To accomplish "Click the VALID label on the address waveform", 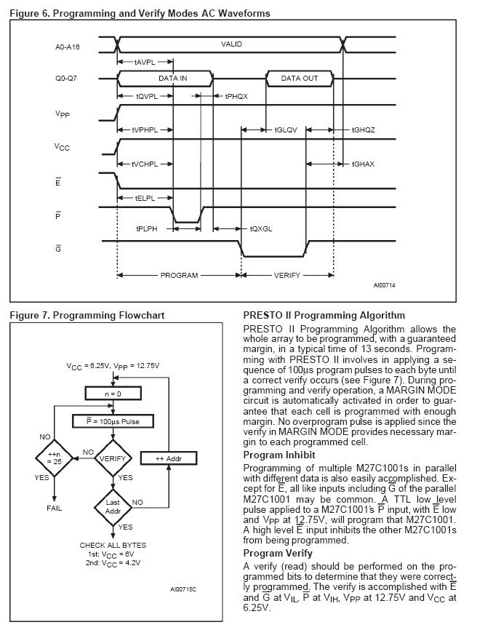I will click(x=231, y=44).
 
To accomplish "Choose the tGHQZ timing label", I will click(x=363, y=129).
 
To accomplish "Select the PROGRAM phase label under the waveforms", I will click(x=179, y=276).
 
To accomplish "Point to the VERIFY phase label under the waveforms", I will click(x=287, y=276).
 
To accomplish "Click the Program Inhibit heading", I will click(x=281, y=455).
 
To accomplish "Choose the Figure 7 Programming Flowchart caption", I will click(x=87, y=315).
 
